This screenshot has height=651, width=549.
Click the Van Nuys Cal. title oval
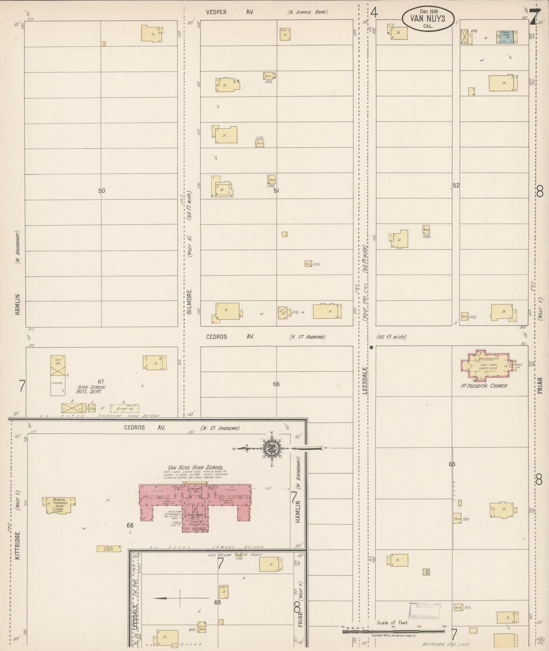[x=428, y=18]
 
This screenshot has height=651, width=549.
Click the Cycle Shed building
[x=109, y=548]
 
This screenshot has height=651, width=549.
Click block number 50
[x=101, y=191]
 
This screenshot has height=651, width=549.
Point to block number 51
[x=276, y=191]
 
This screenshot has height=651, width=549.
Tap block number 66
[x=276, y=384]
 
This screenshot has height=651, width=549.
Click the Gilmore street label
[x=190, y=302]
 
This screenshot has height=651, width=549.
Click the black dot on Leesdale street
[x=371, y=347]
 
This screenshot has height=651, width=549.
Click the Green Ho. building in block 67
[x=124, y=408]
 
